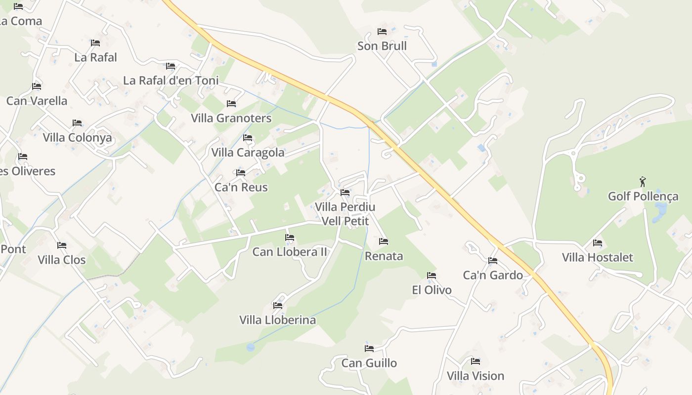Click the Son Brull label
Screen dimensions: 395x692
[x=382, y=46]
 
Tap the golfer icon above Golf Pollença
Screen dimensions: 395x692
[x=643, y=182]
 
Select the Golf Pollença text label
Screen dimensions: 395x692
[x=643, y=196]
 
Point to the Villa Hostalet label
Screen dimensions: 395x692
[x=598, y=257]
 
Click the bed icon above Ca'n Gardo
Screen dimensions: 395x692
[x=493, y=261]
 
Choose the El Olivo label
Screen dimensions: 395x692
[x=432, y=290]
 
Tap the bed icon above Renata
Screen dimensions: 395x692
[x=384, y=241]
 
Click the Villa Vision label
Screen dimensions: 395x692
[x=476, y=376]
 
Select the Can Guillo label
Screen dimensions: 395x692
[x=369, y=363]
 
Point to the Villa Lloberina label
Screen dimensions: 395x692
[x=278, y=320]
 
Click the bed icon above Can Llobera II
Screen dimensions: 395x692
[x=290, y=237]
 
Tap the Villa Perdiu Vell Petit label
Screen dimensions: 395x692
[x=345, y=214]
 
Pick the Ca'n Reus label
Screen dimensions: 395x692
[x=241, y=187]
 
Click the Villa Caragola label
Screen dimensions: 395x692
[x=248, y=153]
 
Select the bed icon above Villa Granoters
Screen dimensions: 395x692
[x=231, y=104]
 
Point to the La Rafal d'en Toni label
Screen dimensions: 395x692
[x=171, y=80]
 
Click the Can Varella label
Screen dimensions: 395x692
[x=37, y=101]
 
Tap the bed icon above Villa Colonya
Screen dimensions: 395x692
[x=77, y=123]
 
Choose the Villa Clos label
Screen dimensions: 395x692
[x=62, y=260]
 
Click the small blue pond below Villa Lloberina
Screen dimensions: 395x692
[x=251, y=347]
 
